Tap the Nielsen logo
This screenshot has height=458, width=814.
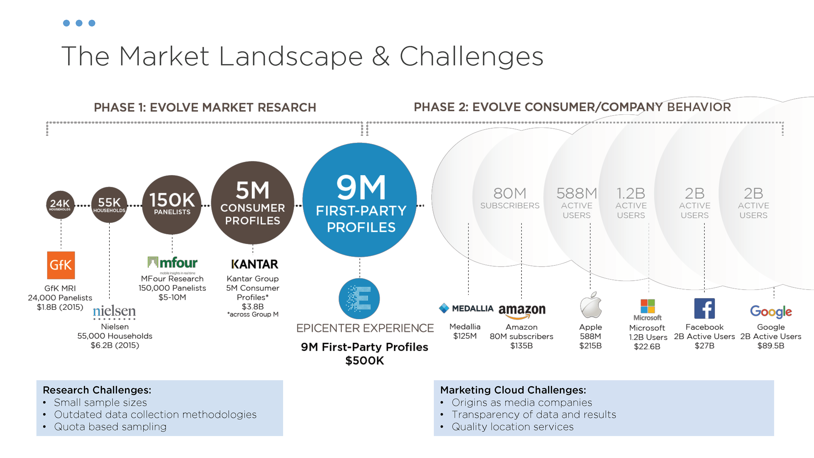114,312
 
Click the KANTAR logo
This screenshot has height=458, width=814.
254,264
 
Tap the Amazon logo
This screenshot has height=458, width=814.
522,310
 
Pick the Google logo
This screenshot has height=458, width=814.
771,312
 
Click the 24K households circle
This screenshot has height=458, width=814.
60,204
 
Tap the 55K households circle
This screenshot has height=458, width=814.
109,204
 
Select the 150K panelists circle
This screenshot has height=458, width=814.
172,204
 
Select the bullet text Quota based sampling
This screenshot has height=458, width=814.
110,427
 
